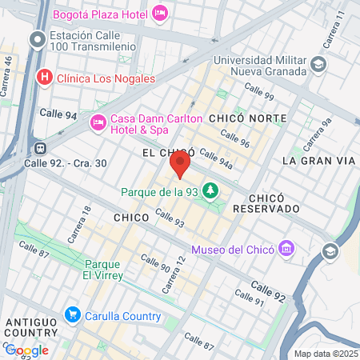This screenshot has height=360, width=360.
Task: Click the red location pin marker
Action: click(x=180, y=164)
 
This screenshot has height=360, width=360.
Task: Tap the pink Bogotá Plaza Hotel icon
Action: click(x=160, y=12)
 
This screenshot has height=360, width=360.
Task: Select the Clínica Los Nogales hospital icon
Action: click(x=45, y=77)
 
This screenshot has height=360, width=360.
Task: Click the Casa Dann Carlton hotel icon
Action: click(x=98, y=122)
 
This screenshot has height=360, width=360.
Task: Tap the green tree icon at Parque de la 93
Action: click(x=210, y=191)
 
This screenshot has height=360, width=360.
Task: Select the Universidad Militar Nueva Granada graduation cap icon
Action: click(x=318, y=64)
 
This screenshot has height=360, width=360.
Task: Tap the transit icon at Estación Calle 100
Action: click(x=38, y=39)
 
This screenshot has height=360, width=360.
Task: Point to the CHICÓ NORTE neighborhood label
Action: click(x=247, y=118)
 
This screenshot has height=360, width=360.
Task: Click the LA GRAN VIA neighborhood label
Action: click(x=318, y=161)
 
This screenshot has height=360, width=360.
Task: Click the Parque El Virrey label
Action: click(x=103, y=270)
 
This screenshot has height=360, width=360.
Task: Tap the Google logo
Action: click(x=26, y=350)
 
